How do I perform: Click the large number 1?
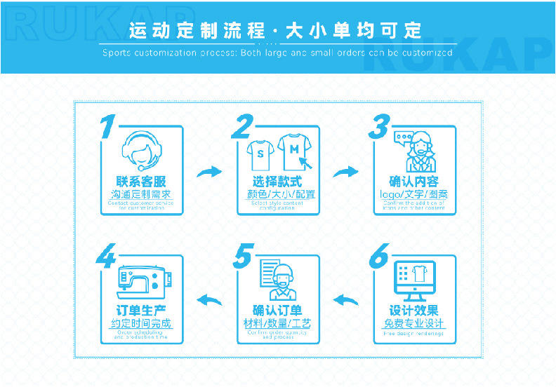(x=107, y=127)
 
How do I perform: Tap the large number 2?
(x=241, y=127)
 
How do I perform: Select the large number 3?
(x=380, y=127)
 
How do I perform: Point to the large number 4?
(x=107, y=257)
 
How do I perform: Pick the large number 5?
(x=242, y=257)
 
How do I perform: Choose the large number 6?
(x=379, y=257)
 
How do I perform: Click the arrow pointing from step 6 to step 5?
(x=345, y=301)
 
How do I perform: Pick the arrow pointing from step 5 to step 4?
(x=208, y=301)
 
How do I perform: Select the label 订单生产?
(x=140, y=311)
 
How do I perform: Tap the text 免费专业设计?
(x=414, y=323)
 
